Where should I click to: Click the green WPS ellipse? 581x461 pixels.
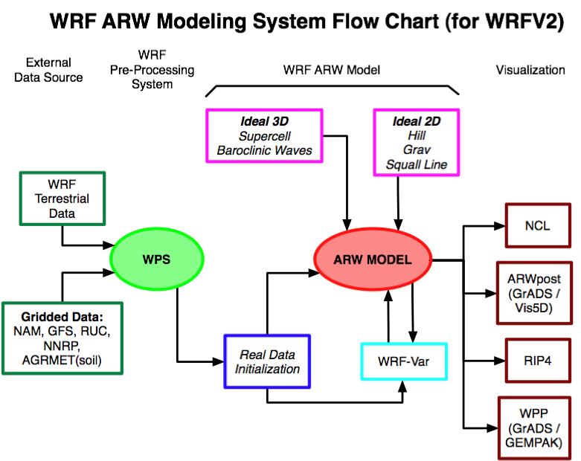click(157, 259)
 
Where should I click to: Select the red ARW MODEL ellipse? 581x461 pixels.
click(373, 259)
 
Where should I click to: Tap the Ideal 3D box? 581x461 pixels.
click(264, 136)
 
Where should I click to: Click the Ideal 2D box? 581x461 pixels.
click(416, 143)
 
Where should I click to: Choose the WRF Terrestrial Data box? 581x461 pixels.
click(62, 199)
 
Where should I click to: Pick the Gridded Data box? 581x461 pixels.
click(62, 338)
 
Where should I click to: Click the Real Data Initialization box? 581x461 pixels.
click(267, 361)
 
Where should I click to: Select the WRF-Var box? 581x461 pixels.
click(404, 361)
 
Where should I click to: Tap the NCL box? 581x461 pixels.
click(538, 225)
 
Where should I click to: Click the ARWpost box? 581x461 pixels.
click(534, 293)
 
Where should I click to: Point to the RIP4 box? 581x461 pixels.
click(538, 361)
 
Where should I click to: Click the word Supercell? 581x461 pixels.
click(264, 136)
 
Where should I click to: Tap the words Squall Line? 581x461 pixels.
click(416, 164)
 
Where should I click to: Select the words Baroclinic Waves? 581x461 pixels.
click(264, 151)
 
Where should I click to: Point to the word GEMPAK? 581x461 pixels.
click(534, 443)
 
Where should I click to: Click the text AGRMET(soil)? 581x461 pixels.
click(62, 361)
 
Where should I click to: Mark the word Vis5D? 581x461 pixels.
click(534, 308)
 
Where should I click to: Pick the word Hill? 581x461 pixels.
click(416, 136)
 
